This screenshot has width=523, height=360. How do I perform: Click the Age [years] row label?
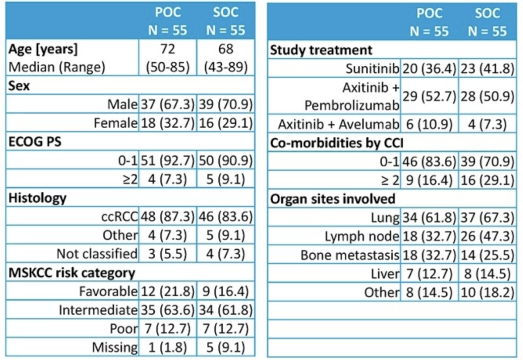(x=43, y=49)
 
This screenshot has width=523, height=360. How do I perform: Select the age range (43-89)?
(x=226, y=67)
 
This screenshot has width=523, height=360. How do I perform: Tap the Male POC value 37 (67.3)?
(x=168, y=104)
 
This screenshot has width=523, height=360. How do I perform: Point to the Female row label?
(x=115, y=123)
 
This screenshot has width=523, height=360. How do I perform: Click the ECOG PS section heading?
(x=35, y=142)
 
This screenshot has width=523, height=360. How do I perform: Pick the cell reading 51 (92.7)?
(x=168, y=160)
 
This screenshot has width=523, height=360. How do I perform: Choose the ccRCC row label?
(x=119, y=217)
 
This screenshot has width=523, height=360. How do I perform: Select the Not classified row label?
(x=97, y=254)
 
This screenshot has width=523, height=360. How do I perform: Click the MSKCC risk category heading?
(x=71, y=273)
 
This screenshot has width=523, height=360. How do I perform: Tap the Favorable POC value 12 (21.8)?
(x=168, y=292)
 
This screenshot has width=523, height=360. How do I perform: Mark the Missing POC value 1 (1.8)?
(x=168, y=347)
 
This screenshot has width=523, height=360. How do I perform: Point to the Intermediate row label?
(x=98, y=310)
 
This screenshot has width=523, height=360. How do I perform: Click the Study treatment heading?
(x=321, y=50)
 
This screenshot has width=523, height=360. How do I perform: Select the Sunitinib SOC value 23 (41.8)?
(x=487, y=68)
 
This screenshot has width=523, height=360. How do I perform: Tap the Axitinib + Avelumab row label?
(x=339, y=124)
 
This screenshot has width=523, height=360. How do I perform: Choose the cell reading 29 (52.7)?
(x=429, y=96)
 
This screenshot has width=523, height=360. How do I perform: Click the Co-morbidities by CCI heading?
(x=336, y=143)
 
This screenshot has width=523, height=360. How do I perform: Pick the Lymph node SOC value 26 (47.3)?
(x=487, y=236)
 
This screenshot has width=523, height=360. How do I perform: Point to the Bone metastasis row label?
(x=350, y=255)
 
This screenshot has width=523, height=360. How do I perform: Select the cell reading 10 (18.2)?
(x=487, y=292)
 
